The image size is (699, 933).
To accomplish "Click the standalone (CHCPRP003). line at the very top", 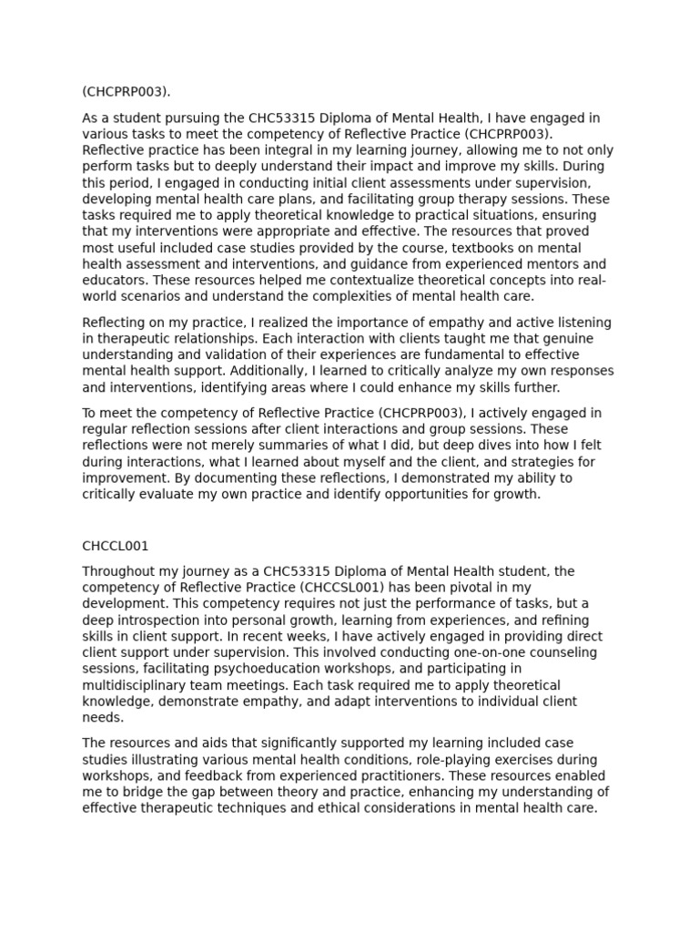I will coord(127,91).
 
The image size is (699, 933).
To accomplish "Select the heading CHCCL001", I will coord(116,547).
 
